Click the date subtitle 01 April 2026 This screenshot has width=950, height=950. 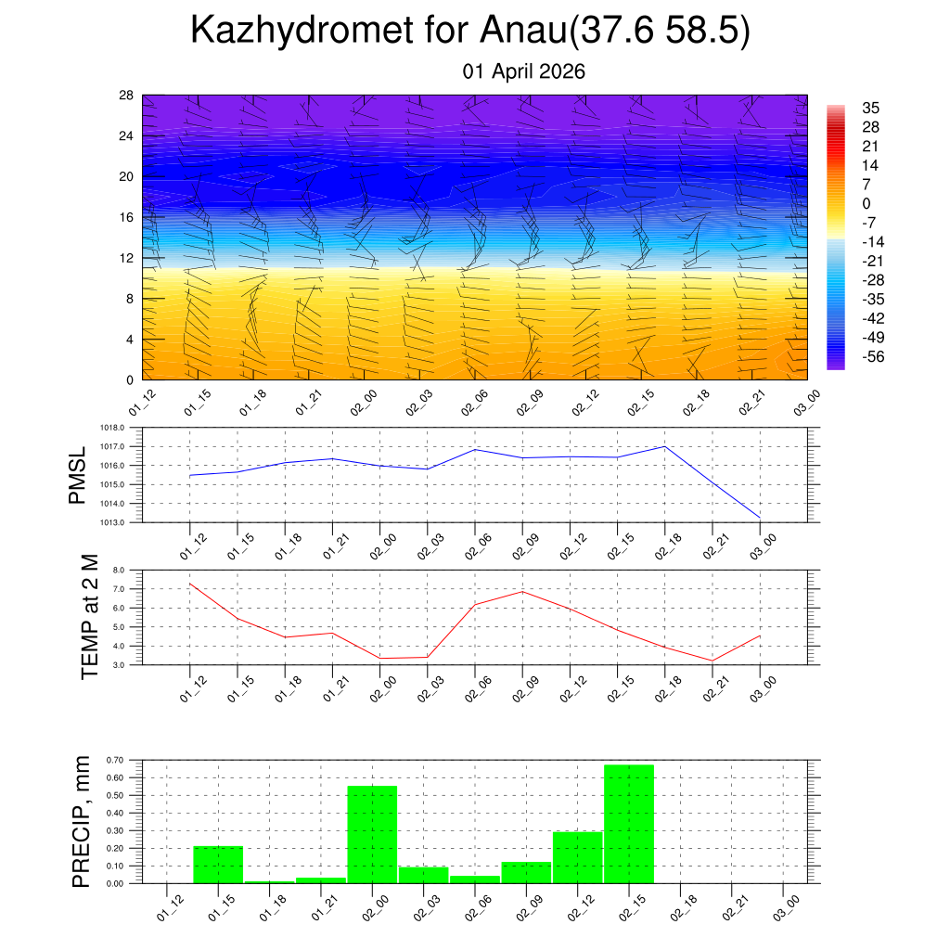click(x=524, y=71)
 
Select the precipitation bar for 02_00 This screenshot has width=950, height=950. click(x=372, y=835)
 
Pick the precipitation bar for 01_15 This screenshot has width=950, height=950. click(x=218, y=865)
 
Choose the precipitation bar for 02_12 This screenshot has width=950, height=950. click(x=577, y=857)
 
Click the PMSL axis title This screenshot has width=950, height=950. click(x=78, y=475)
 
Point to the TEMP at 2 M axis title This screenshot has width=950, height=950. click(x=89, y=617)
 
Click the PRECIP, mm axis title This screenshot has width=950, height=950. click(x=83, y=822)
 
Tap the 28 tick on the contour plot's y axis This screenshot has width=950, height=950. click(x=127, y=96)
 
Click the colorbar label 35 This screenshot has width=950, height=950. click(x=870, y=108)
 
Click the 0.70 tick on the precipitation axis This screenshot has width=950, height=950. click(x=117, y=761)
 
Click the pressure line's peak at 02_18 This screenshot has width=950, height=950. click(x=665, y=446)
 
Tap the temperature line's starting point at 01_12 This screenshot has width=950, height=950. click(x=189, y=584)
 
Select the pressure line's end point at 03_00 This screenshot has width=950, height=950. click(x=761, y=517)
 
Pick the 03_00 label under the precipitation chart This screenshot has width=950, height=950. click(x=785, y=905)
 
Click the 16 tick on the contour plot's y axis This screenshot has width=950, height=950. click(x=127, y=217)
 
